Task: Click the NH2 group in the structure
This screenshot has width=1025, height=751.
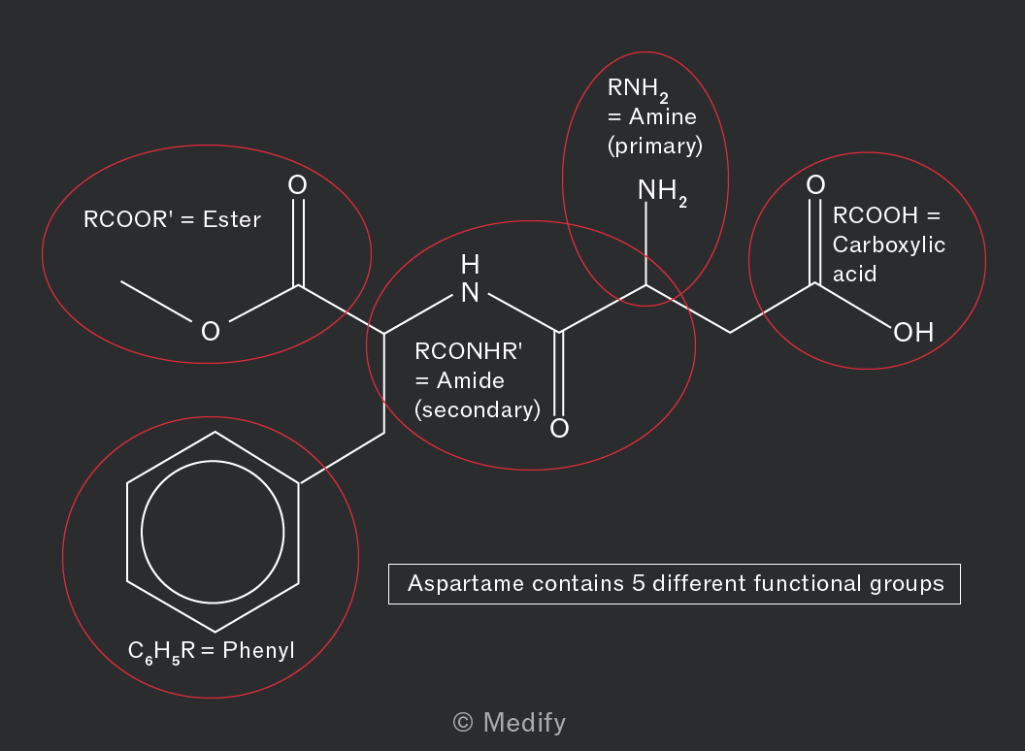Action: [x=662, y=192]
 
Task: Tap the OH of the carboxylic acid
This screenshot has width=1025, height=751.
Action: [x=913, y=332]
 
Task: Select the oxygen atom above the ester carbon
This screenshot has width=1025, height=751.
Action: [x=297, y=185]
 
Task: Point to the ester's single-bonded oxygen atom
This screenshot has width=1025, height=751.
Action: [x=211, y=332]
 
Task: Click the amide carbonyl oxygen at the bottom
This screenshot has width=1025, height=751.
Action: [x=559, y=428]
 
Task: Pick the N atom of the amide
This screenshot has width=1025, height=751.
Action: [x=470, y=293]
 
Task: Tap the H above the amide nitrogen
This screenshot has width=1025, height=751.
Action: [x=470, y=265]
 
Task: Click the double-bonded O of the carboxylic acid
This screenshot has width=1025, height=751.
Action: [x=815, y=185]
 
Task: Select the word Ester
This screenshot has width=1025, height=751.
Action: [x=231, y=219]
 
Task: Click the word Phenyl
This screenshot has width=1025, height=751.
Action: [x=258, y=650]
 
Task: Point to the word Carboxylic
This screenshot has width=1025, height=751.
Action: [x=888, y=245]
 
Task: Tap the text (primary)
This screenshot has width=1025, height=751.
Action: [x=655, y=146]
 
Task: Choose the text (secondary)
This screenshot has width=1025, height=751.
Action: [x=478, y=409]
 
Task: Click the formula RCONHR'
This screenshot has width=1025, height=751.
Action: [x=468, y=351]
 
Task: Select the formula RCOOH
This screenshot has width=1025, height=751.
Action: [x=876, y=215]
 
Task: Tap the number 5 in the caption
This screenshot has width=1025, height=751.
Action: [x=639, y=583]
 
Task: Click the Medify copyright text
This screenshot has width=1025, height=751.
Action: [x=510, y=722]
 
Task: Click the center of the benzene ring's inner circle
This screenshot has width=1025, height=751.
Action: [x=213, y=532]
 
